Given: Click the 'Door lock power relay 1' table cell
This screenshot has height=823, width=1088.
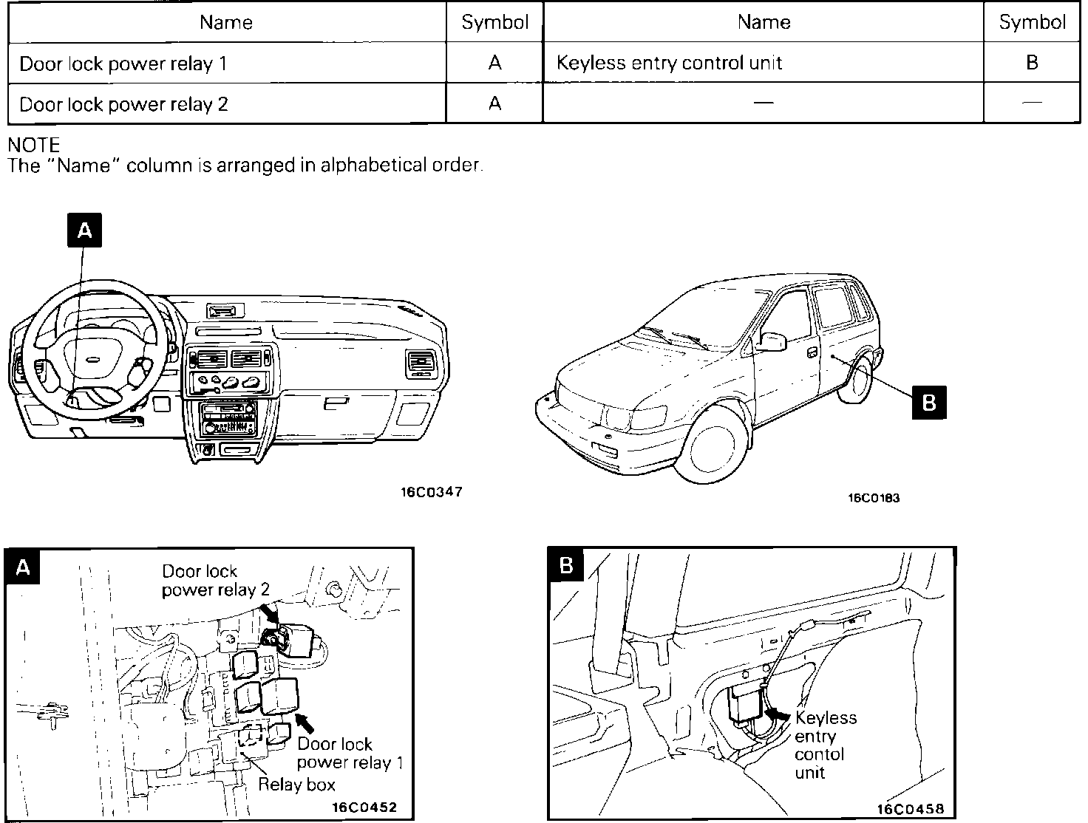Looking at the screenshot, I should pos(123,64).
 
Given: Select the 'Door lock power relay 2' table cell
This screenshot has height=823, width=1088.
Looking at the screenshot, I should pos(123,104).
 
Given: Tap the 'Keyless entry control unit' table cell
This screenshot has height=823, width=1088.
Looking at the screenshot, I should pos(669,63).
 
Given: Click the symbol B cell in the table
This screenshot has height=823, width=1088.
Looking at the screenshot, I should pos(1032,63).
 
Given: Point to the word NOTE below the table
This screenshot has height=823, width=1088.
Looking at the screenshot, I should pos(33,145).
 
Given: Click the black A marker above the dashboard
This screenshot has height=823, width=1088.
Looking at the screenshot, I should pos(84,230).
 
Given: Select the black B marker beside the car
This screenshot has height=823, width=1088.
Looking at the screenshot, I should pos(929,402).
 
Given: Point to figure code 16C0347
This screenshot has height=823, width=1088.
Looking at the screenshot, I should pos(432,492).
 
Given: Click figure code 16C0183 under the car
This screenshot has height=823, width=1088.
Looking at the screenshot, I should pos(873,498).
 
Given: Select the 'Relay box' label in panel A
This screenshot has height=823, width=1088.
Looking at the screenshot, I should pos(296,785).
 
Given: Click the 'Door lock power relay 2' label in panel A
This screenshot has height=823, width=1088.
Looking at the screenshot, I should pos(215,580).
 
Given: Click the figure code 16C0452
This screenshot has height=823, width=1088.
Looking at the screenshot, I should pos(361,807).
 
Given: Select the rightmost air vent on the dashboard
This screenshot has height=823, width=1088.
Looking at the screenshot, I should pos(419,363).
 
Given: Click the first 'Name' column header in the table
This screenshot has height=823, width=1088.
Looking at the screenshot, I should pos(226,22).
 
